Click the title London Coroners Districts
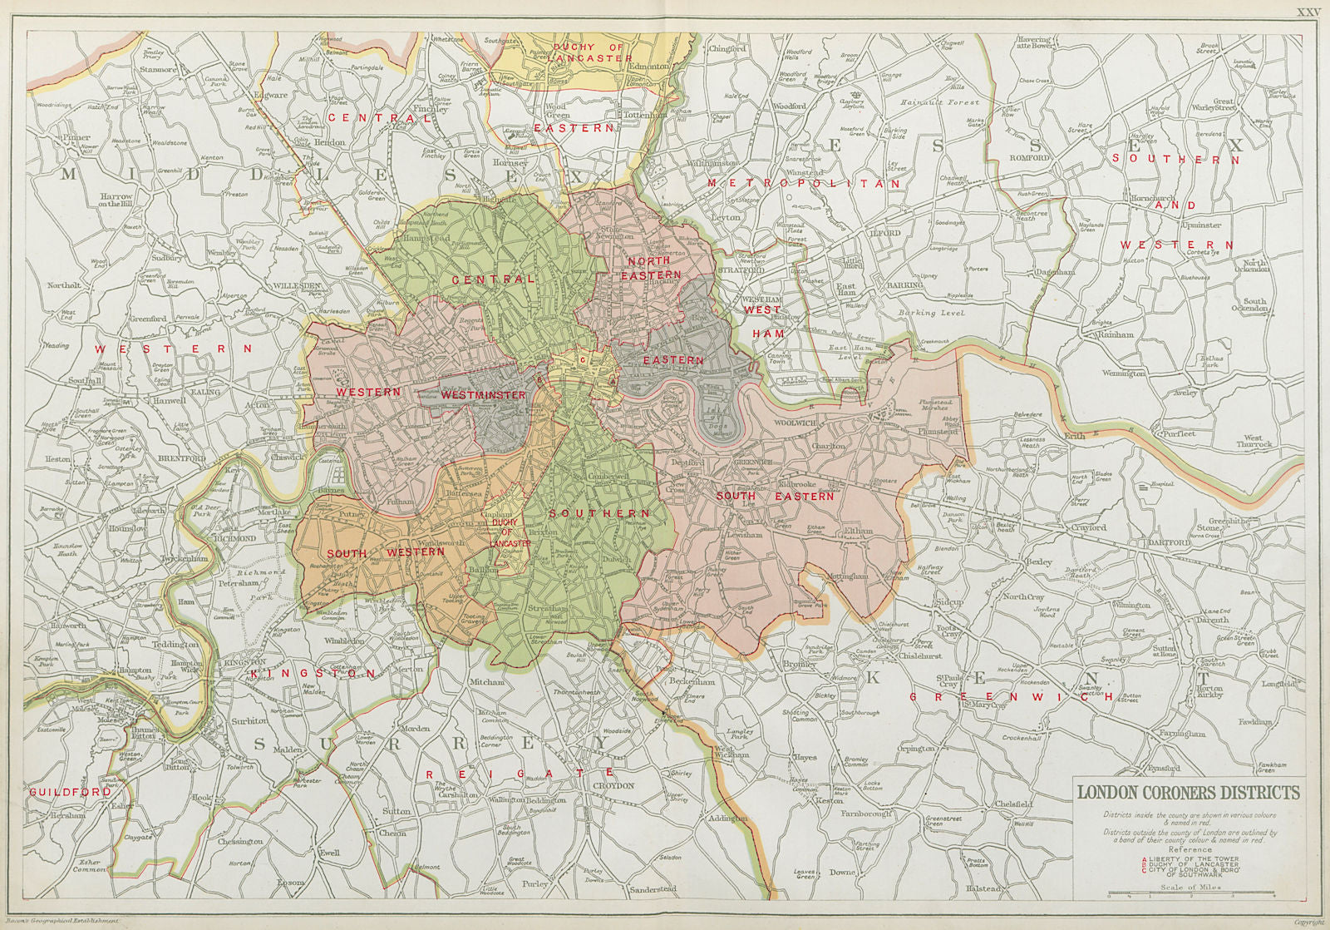(1189, 792)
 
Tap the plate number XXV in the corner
(1308, 12)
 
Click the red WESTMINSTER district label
(483, 394)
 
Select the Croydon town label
(614, 785)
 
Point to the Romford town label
(1030, 157)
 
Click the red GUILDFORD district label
(70, 792)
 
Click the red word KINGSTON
(313, 673)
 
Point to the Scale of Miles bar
(1191, 896)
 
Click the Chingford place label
(727, 49)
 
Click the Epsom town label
(290, 883)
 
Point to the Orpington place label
(916, 749)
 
